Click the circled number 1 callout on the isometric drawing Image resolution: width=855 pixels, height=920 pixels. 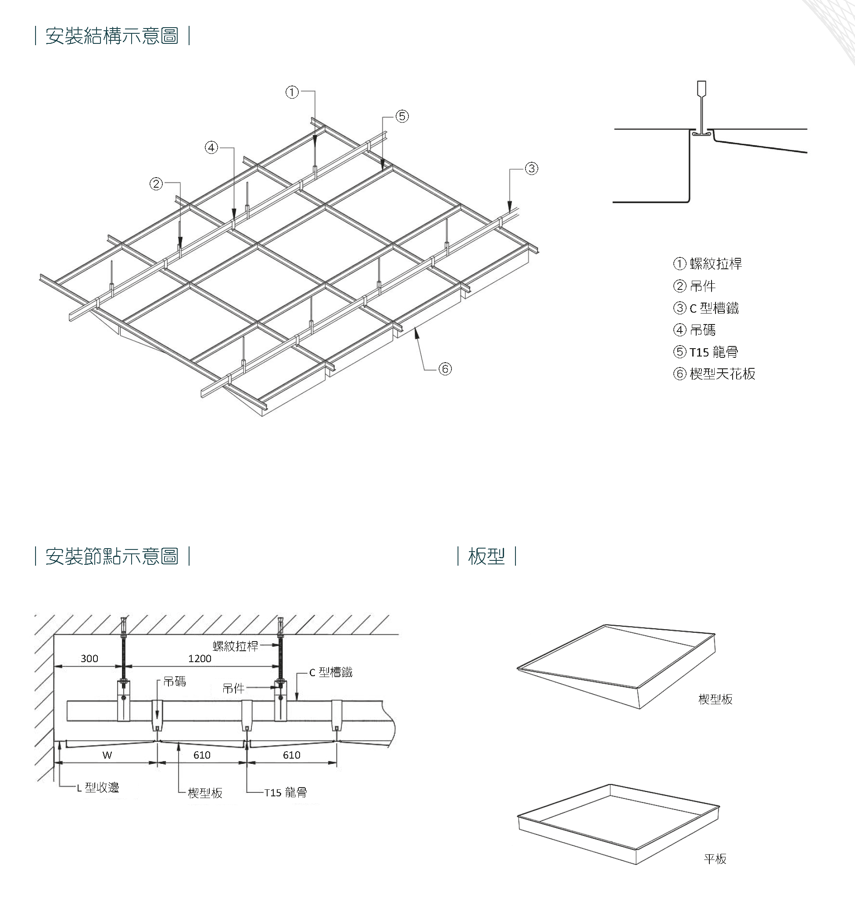292,93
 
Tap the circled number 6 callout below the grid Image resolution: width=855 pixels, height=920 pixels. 445,369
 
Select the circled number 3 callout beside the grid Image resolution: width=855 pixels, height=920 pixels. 532,169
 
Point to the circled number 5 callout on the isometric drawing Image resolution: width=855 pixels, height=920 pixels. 402,116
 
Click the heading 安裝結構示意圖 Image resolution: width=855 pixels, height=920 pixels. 112,36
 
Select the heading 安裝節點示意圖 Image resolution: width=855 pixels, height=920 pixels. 112,556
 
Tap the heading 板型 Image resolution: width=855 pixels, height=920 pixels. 486,556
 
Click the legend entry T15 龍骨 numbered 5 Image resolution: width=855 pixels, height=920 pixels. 713,352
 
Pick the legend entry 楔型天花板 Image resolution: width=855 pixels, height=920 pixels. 722,374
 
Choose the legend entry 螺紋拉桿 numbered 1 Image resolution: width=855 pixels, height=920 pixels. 715,264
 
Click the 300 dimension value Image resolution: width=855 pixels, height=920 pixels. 89,659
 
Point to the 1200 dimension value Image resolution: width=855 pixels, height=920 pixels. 200,659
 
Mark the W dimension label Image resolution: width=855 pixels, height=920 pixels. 107,755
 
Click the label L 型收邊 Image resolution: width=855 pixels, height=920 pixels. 98,788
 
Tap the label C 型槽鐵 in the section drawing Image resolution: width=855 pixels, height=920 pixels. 330,673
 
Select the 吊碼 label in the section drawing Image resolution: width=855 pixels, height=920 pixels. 175,681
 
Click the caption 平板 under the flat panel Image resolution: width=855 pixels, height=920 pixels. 715,859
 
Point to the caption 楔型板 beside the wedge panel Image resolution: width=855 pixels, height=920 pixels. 715,699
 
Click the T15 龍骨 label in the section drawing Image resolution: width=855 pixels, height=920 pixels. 286,793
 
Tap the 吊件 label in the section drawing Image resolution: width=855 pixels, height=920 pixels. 233,689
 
